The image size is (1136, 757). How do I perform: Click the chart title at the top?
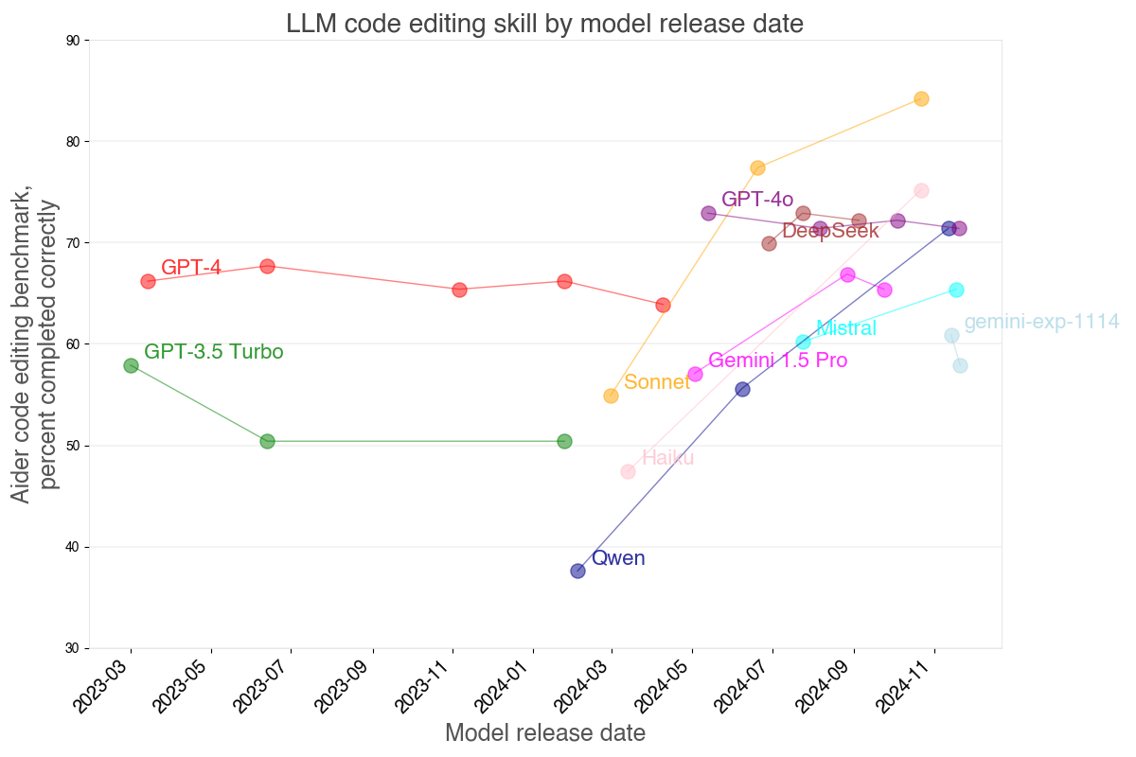[x=544, y=24]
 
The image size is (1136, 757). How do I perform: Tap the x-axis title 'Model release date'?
[x=544, y=732]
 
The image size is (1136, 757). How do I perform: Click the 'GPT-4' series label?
[x=191, y=268]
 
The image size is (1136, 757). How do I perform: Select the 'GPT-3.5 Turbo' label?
[x=214, y=352]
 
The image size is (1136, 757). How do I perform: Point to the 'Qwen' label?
[x=618, y=558]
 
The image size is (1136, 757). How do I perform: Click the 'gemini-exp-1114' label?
[x=1041, y=322]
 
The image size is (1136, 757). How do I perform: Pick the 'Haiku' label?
[x=668, y=458]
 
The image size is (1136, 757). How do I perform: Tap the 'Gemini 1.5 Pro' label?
[x=778, y=360]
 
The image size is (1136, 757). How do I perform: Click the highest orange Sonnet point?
[x=921, y=98]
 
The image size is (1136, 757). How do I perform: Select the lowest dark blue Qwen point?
[x=577, y=571]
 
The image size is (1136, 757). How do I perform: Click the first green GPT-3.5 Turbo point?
[x=131, y=365]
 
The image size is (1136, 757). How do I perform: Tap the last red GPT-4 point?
[x=663, y=305]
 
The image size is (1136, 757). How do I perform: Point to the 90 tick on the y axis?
[x=73, y=41]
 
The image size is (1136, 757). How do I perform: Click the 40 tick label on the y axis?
[x=73, y=547]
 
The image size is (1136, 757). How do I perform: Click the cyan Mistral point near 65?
[x=956, y=290]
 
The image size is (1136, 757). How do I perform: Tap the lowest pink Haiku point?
[x=628, y=471]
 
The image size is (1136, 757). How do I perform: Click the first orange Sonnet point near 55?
[x=611, y=396]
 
